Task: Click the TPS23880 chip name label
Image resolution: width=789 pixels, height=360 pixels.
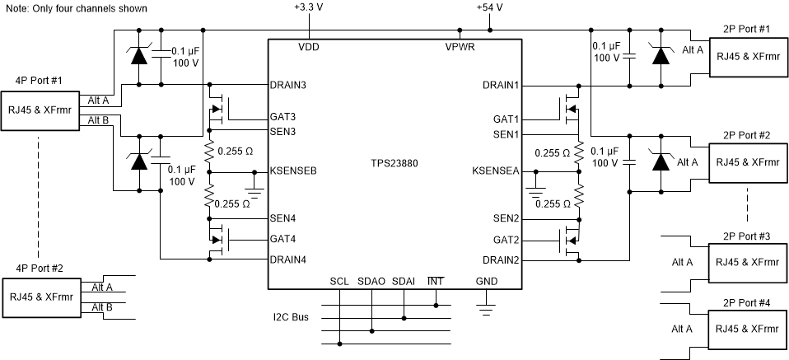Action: [394, 163]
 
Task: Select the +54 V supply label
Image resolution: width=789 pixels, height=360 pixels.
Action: [489, 7]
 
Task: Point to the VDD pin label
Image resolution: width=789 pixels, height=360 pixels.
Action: [308, 47]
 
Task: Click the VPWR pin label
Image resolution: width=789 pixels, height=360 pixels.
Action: [459, 47]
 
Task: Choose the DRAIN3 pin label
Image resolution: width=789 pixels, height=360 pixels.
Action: [288, 85]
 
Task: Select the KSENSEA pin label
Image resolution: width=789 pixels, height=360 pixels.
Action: [495, 171]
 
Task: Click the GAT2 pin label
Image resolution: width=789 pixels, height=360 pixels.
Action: [505, 241]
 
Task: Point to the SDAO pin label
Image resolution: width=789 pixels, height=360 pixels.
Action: [371, 281]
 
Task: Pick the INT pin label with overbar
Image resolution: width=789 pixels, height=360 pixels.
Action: [436, 281]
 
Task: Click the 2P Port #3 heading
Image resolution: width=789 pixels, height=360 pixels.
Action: [746, 236]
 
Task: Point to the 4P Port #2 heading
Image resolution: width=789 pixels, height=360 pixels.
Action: [39, 269]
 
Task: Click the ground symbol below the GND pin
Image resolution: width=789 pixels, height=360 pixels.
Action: [487, 311]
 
